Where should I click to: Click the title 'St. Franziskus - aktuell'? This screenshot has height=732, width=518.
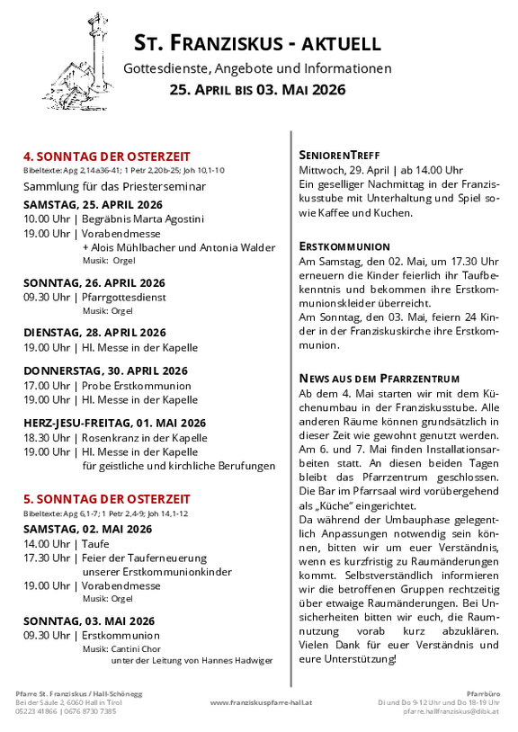pos(257,43)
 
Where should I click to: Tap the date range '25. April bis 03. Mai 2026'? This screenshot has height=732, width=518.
pos(257,90)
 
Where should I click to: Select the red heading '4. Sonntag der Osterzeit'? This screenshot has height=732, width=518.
pos(107,156)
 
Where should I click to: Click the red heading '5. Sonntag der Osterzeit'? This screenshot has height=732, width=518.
pos(107,498)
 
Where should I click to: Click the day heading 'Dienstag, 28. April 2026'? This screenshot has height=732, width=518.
pos(94,332)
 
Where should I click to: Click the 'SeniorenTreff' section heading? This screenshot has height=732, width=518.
pos(339,155)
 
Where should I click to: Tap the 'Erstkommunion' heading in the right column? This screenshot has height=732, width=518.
pos(344,245)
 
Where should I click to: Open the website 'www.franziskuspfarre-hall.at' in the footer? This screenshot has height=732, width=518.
pos(261,702)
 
